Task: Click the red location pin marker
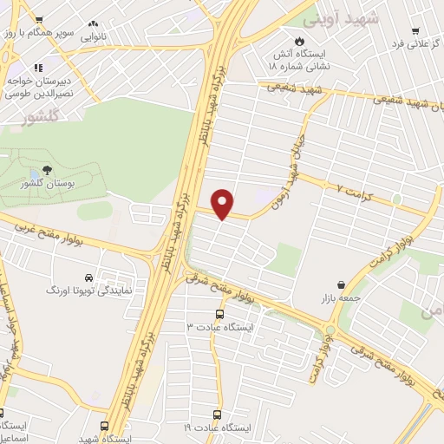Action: tap(224, 203)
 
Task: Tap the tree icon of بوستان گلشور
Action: tap(46, 171)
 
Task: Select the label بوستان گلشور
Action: tap(47, 185)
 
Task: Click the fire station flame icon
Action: tap(300, 41)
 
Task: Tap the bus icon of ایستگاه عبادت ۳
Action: tap(219, 315)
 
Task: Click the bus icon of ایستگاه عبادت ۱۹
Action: tap(219, 415)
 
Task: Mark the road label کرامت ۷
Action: tap(350, 187)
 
